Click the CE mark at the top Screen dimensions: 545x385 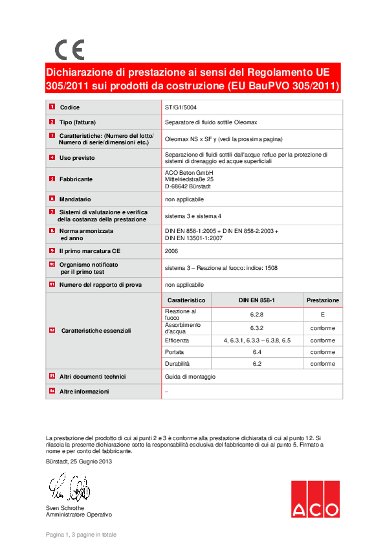[69, 50]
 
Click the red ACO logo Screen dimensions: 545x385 [314, 499]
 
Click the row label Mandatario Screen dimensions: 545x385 [75, 199]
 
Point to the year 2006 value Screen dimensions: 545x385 [171, 250]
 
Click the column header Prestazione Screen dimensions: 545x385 [322, 300]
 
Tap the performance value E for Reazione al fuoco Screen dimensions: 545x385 [322, 315]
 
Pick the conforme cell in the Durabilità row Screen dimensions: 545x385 [322, 364]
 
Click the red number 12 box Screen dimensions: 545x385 [52, 330]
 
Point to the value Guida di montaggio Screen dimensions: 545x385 [190, 377]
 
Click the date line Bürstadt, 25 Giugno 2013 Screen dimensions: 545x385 [79, 461]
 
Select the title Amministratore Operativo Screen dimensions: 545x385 [78, 515]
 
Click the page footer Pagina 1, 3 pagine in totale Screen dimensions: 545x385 [81, 535]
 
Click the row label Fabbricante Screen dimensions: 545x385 [76, 179]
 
